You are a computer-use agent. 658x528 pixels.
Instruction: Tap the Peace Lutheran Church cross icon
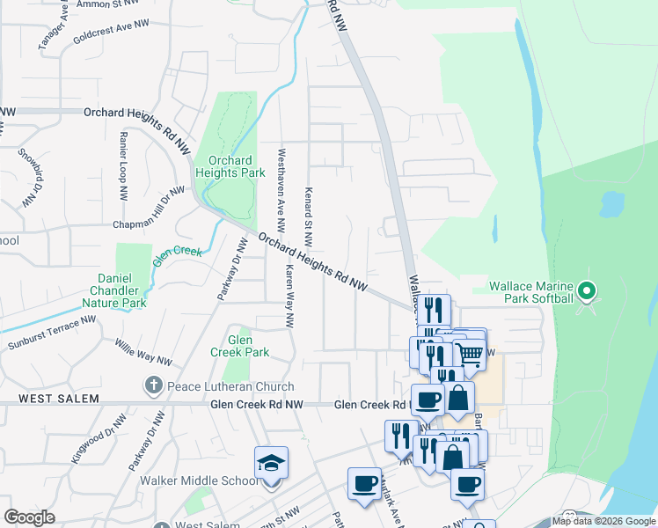pos(153,385)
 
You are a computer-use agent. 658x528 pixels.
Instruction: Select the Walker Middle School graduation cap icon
pos(271,464)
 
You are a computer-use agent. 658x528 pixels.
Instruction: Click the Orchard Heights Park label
pos(230,167)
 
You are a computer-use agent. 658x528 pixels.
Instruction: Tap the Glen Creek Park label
pos(240,346)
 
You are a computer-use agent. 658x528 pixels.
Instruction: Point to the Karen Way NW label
pos(288,297)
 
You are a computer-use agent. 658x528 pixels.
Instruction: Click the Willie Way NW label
pos(143,351)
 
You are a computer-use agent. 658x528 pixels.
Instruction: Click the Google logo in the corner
pos(29,517)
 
